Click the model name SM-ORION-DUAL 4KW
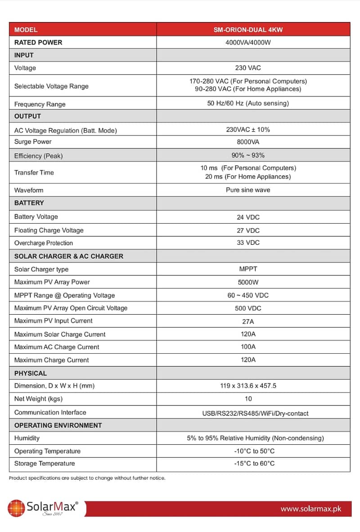pos(248,30)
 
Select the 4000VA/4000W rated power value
pos(248,42)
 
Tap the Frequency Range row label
pos(40,104)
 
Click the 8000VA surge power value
pos(248,142)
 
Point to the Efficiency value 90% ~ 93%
pos(248,156)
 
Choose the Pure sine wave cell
pos(248,190)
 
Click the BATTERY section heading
pos(29,203)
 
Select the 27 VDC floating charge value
pos(248,230)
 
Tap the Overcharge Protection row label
pos(43,243)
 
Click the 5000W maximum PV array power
pos(248,282)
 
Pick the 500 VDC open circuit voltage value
pos(248,308)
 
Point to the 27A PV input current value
pos(248,321)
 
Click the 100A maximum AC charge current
pos(248,347)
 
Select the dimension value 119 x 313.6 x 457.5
pos(248,386)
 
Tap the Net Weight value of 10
pos(248,399)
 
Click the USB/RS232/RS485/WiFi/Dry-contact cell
pos(255,413)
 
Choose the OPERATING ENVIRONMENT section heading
pos(58,425)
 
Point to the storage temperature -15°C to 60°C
pos(254,464)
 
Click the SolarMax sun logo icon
pos(16,508)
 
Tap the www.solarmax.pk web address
pos(310,509)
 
